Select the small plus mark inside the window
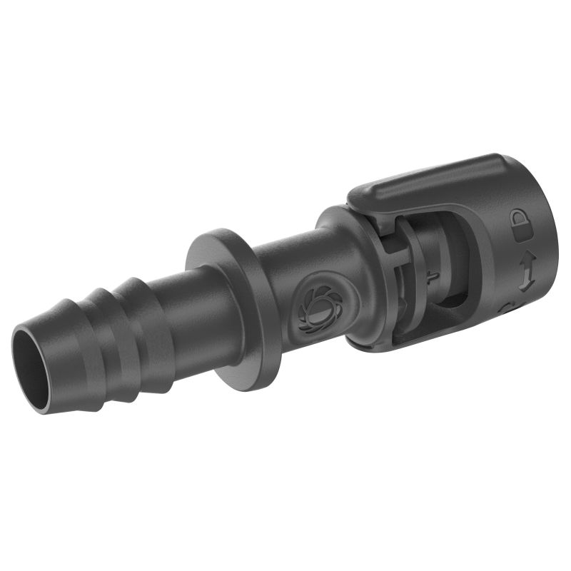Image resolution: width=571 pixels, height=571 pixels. [430, 277]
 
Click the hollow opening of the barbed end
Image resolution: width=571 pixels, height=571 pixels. [32, 360]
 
